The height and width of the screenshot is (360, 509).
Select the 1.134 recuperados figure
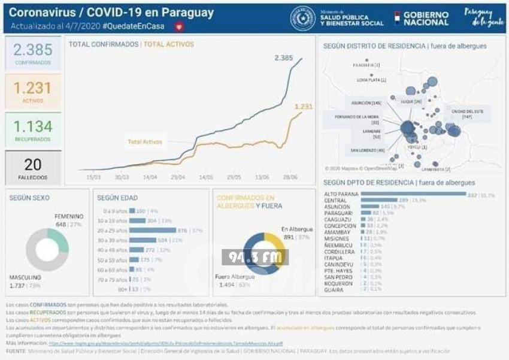(33, 127)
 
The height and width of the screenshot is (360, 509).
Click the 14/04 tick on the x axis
(150, 177)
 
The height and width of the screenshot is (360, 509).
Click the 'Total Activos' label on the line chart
(144, 142)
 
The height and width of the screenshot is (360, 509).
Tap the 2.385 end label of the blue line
(284, 58)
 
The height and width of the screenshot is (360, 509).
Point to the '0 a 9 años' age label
(114, 211)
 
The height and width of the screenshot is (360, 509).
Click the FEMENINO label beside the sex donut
(69, 216)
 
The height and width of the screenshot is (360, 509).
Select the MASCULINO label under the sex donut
(25, 277)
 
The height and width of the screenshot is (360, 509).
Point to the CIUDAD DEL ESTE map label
(467, 111)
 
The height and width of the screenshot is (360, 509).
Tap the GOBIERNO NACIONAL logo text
(425, 19)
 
